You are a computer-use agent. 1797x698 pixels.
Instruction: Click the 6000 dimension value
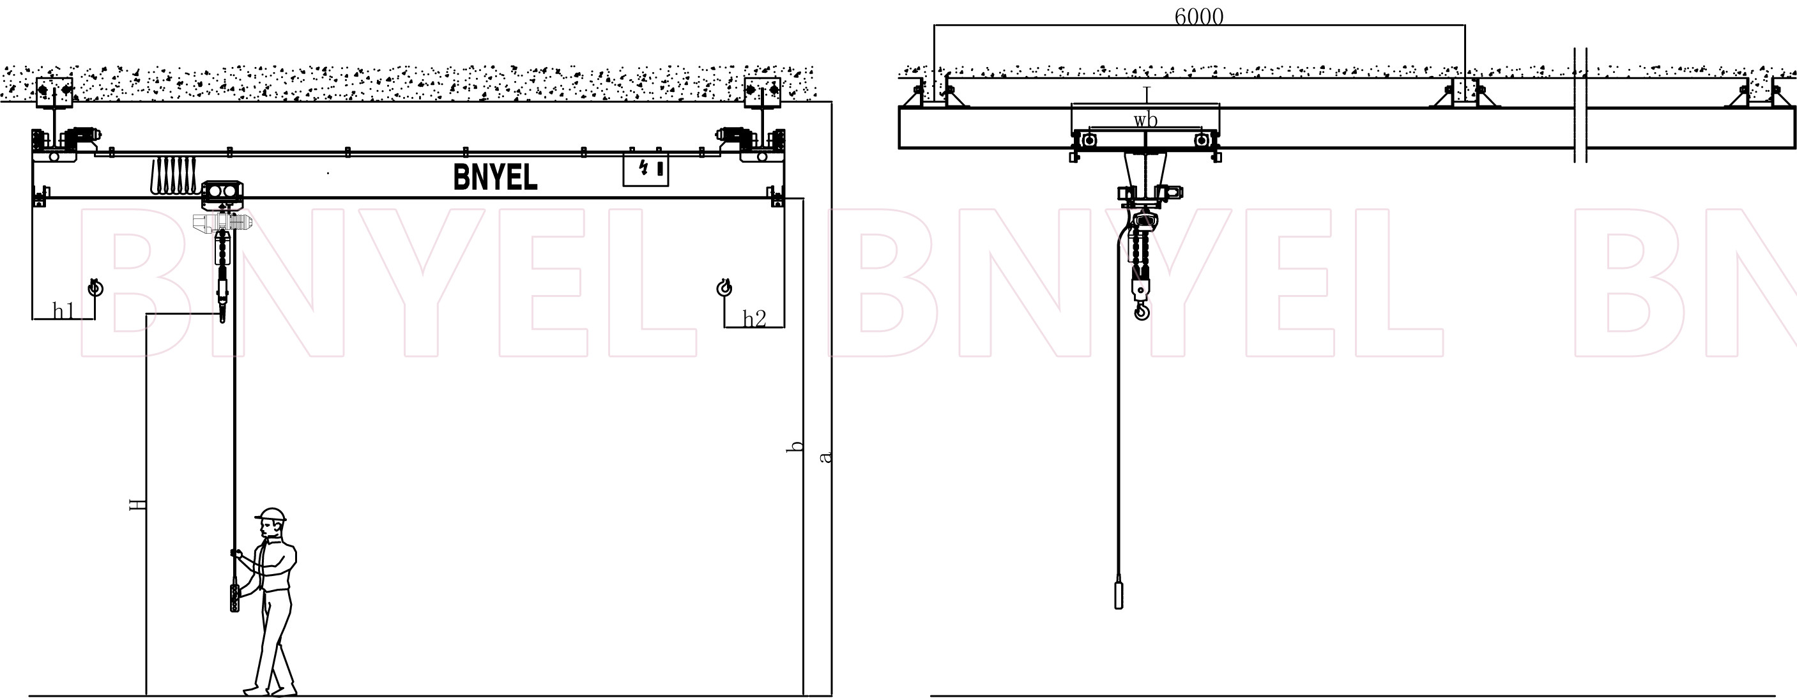pos(1198,16)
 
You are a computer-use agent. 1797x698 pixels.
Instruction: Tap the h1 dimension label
pos(63,310)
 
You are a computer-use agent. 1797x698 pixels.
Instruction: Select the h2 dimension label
pos(754,319)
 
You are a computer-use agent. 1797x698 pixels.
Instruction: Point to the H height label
pos(138,504)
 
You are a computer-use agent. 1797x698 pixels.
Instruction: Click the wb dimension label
pos(1145,121)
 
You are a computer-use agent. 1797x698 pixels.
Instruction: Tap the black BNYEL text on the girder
pos(495,177)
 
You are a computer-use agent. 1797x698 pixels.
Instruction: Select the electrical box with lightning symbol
pos(645,169)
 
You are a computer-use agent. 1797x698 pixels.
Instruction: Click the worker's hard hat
pos(271,515)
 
